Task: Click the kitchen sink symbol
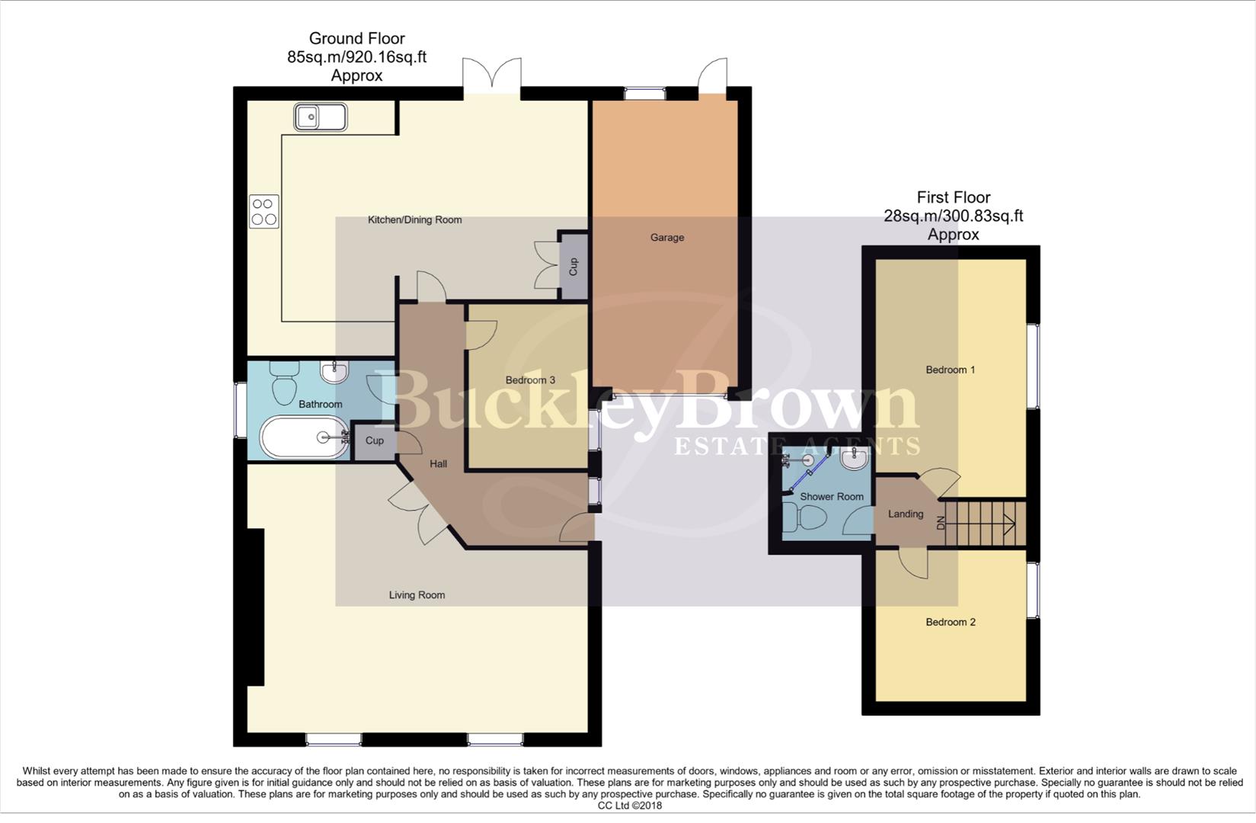tap(320, 117)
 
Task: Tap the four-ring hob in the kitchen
tap(264, 211)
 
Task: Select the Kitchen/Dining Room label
tap(414, 220)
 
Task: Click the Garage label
tap(666, 238)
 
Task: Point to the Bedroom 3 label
tap(530, 380)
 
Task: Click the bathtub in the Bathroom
tap(302, 437)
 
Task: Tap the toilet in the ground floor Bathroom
tap(284, 383)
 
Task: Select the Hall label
tap(438, 464)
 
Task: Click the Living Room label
tap(417, 595)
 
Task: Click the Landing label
tap(905, 514)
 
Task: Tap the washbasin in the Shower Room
tap(854, 460)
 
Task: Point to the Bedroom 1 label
tap(950, 370)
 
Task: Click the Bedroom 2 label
tap(950, 623)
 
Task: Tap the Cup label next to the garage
tap(574, 267)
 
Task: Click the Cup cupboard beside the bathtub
tap(374, 441)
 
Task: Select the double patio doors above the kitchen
tap(492, 78)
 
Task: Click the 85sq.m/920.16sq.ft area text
tap(356, 57)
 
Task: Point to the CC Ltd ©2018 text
tap(629, 805)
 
